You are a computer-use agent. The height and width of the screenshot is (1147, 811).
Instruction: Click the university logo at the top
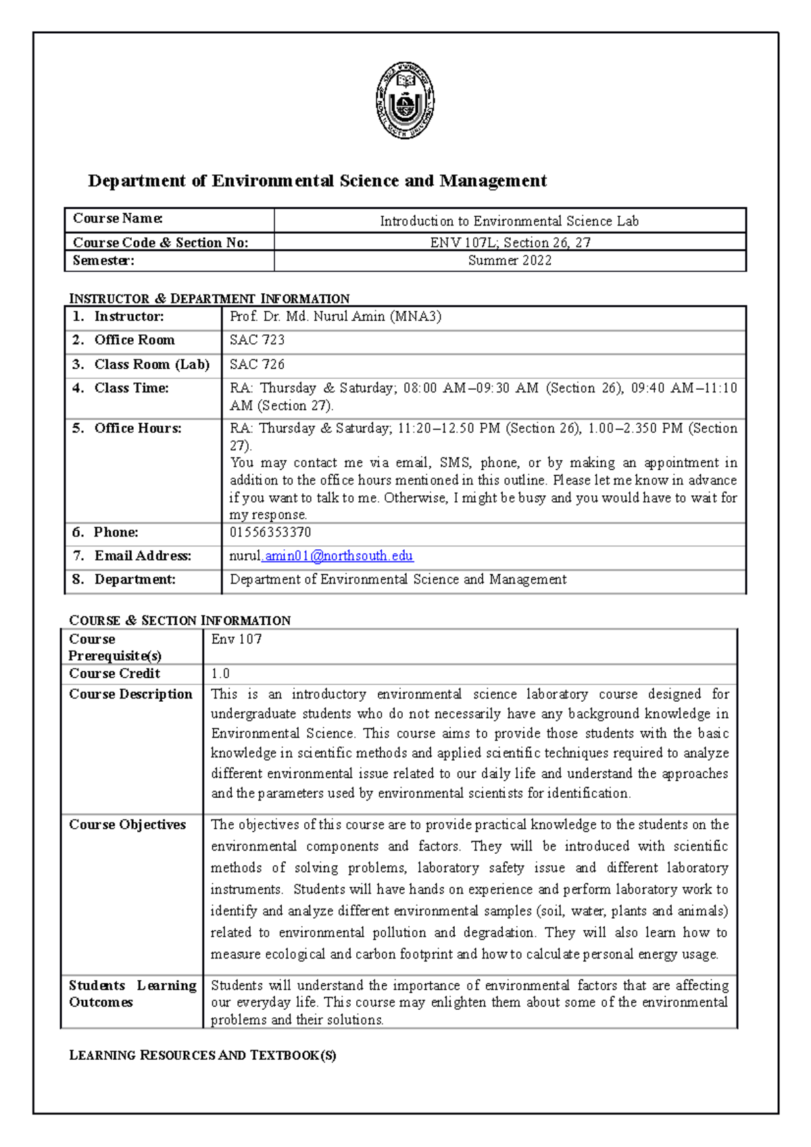pos(405,101)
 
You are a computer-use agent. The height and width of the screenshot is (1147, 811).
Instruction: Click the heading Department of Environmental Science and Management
pos(317,181)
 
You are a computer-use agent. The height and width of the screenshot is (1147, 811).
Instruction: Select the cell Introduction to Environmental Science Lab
pos(509,221)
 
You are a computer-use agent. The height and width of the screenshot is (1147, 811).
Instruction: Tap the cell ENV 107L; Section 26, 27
pos(510,243)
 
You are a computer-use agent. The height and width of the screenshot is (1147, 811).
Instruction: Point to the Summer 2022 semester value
pos(510,261)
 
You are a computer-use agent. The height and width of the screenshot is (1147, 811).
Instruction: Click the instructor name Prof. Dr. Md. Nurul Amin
pos(335,317)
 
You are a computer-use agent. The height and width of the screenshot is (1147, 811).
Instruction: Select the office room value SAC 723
pos(257,340)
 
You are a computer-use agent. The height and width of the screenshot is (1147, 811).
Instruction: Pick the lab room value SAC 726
pos(257,365)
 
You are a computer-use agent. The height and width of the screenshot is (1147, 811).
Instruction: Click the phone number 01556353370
pos(270,532)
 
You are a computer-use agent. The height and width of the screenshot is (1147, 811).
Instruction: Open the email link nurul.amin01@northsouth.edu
pos(321,556)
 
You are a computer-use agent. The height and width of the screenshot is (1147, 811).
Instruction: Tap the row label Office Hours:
pos(138,428)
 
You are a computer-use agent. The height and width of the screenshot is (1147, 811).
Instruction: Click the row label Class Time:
pos(131,388)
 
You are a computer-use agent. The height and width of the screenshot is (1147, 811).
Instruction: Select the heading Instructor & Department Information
pos(210,299)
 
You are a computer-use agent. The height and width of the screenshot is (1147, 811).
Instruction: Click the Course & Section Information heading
pos(180,620)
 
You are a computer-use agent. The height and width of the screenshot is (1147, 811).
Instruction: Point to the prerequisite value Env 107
pos(236,639)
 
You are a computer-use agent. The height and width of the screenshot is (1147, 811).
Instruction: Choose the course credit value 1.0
pos(220,673)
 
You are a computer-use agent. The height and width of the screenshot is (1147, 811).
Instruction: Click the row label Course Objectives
pos(127,825)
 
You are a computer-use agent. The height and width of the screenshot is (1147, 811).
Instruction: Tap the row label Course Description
pos(130,694)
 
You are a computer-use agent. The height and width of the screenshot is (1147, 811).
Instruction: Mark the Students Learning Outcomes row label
pos(132,994)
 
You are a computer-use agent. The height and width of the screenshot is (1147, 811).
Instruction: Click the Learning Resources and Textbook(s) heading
pos(202,1055)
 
